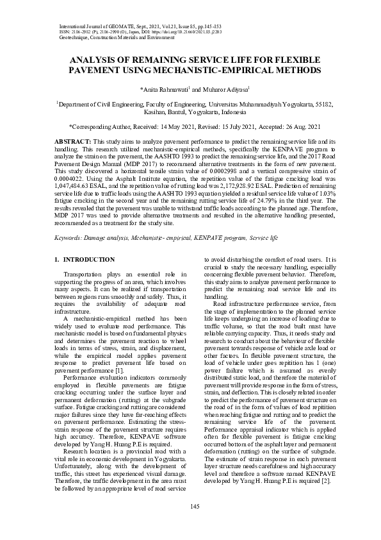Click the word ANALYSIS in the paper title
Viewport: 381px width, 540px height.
click(x=96, y=59)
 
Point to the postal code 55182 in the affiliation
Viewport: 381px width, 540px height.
click(x=321, y=103)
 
